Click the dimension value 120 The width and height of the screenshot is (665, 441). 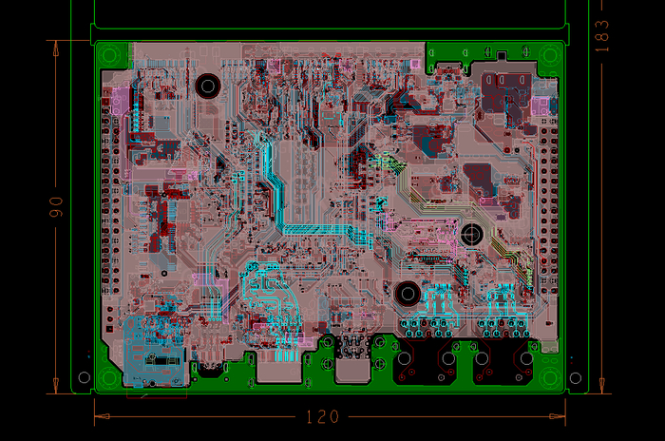click(322, 417)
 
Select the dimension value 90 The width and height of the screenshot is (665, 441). click(56, 206)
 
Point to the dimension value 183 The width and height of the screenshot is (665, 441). click(601, 36)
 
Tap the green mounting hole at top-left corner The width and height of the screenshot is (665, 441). click(109, 56)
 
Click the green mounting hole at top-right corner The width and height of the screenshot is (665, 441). click(550, 56)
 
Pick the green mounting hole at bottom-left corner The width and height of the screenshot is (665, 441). click(109, 377)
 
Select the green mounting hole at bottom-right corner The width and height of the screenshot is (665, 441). click(550, 377)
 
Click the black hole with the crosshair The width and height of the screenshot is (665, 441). click(471, 234)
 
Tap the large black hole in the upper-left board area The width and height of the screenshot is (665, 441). click(208, 86)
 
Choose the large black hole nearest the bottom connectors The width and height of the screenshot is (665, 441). click(408, 294)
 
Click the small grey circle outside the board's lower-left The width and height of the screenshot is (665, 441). click(85, 377)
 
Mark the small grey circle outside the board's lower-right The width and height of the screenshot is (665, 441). click(576, 377)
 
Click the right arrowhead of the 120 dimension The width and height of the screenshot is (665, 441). click(558, 416)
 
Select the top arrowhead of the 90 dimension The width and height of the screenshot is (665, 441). click(55, 48)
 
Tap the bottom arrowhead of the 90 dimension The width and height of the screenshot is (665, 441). click(55, 385)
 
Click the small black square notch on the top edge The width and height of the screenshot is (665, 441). click(502, 55)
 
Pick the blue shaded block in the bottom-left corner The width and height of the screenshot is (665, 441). click(155, 352)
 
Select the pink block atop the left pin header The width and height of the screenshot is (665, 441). click(120, 101)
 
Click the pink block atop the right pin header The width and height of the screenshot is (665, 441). click(540, 105)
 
